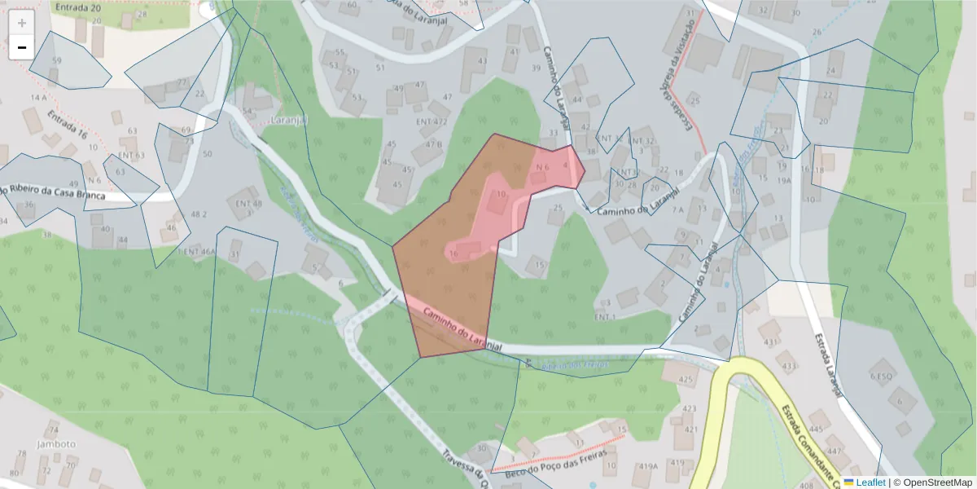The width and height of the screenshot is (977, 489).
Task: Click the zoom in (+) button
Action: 22,23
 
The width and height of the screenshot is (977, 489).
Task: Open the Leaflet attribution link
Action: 870,482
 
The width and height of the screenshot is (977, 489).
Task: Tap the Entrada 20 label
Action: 77,7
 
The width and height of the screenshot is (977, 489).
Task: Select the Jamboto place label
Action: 56,445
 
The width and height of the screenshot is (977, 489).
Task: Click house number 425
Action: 686,380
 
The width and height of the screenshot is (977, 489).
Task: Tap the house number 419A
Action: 648,467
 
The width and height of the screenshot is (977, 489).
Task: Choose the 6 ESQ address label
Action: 882,377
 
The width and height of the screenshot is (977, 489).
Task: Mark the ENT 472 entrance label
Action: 432,122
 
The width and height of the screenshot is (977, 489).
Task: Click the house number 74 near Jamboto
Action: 54,430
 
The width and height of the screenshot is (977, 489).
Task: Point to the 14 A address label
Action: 37,98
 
